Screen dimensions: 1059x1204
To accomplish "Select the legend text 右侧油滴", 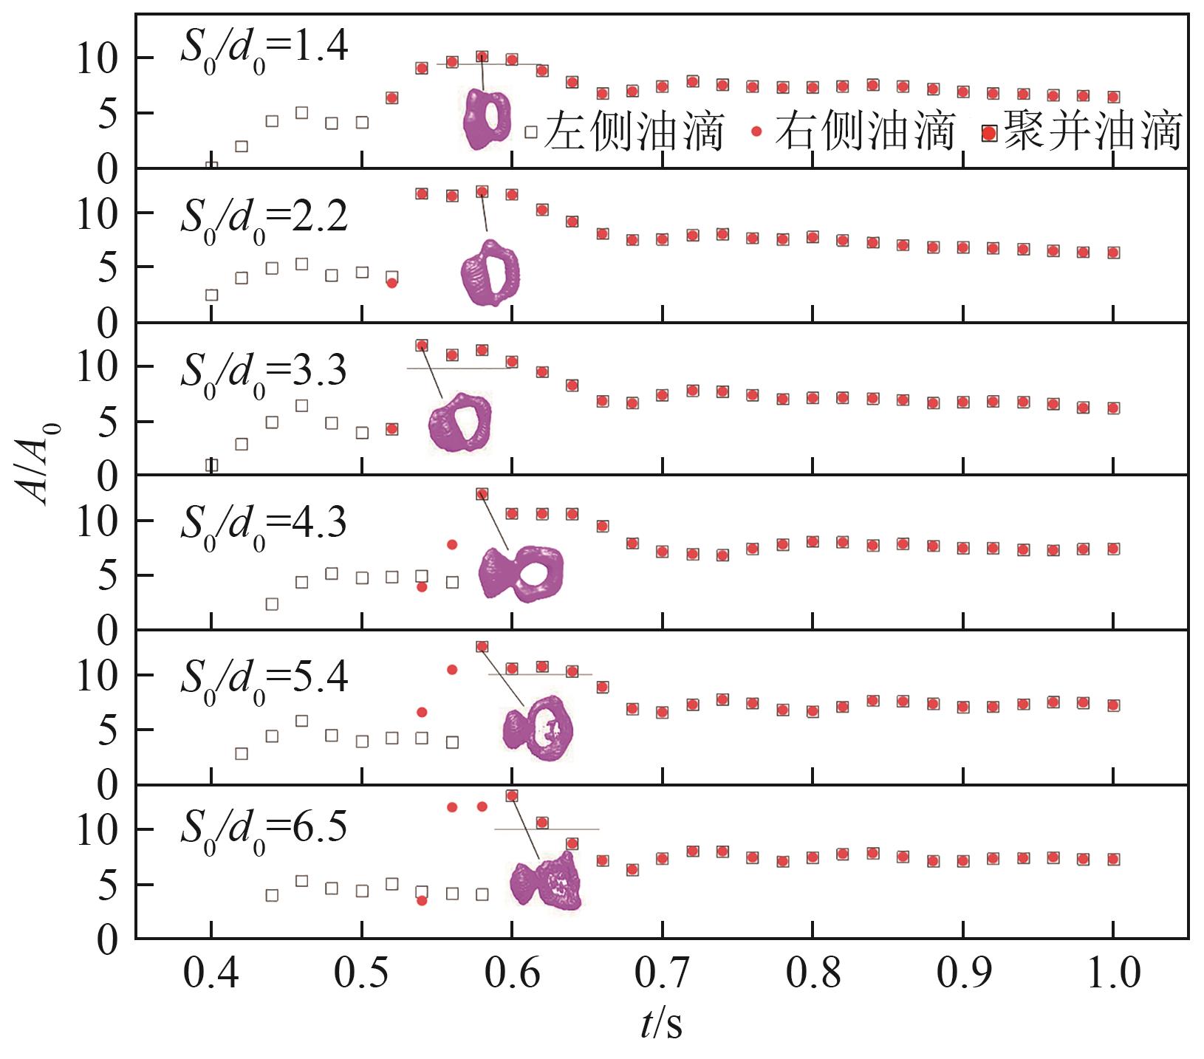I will pyautogui.click(x=865, y=131).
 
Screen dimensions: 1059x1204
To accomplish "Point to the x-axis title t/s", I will pyautogui.click(x=661, y=1025).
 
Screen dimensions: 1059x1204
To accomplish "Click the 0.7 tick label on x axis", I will pyautogui.click(x=663, y=974).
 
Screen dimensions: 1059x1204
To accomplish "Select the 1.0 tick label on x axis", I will pyautogui.click(x=1112, y=974).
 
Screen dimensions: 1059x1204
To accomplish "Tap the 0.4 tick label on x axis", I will pyautogui.click(x=211, y=974).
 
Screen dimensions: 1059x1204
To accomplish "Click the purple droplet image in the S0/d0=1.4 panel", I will pyautogui.click(x=486, y=119).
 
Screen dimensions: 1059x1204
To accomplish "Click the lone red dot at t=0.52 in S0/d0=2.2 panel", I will pyautogui.click(x=392, y=283).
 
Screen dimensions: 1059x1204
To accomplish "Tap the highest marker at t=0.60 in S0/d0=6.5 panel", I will pyautogui.click(x=511, y=795).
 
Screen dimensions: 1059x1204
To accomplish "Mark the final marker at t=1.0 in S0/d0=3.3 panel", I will pyautogui.click(x=1113, y=408).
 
